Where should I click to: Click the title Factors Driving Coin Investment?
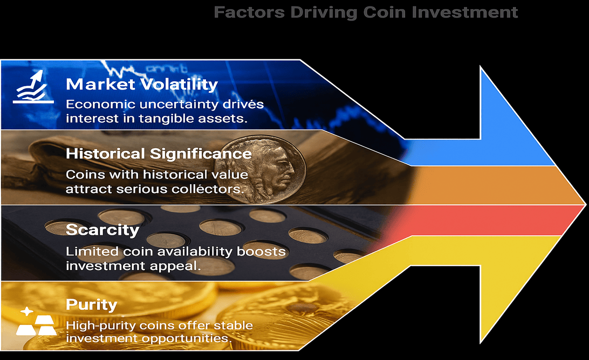click(x=366, y=12)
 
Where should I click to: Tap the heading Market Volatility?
click(x=142, y=85)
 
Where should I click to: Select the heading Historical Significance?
click(x=159, y=154)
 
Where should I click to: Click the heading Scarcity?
click(x=102, y=230)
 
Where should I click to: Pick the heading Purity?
click(x=91, y=304)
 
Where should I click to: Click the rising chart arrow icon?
click(x=33, y=87)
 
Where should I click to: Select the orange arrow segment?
click(x=496, y=185)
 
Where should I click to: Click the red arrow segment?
click(x=484, y=220)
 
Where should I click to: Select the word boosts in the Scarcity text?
click(x=261, y=252)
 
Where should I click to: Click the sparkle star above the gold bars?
click(x=26, y=311)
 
